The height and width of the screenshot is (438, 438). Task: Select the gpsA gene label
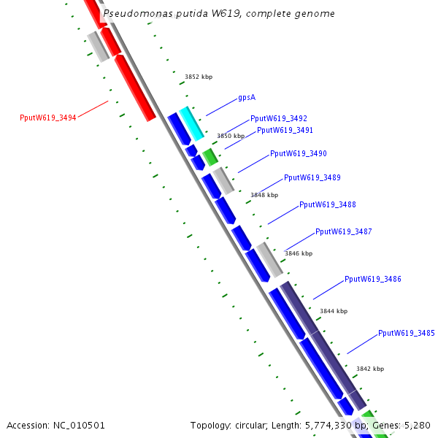click(x=246, y=97)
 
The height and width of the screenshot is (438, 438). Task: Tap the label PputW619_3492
click(x=278, y=118)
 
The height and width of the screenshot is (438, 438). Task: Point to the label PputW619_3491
click(x=285, y=131)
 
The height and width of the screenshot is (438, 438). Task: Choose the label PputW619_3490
click(x=298, y=154)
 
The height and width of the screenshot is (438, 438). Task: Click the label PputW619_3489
click(x=312, y=178)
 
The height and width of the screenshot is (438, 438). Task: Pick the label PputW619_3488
click(x=327, y=205)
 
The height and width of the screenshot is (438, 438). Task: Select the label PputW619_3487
click(x=343, y=232)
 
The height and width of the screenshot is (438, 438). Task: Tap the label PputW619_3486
click(x=372, y=280)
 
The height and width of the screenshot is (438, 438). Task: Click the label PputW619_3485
click(x=406, y=334)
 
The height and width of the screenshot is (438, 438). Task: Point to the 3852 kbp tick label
click(x=198, y=77)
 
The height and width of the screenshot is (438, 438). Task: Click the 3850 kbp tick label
click(x=230, y=137)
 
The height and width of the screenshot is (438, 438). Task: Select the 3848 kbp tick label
click(x=264, y=196)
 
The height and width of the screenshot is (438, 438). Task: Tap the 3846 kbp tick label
click(x=298, y=254)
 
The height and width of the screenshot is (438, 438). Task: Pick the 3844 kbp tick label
click(x=333, y=312)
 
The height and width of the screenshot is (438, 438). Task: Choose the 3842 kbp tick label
click(x=369, y=369)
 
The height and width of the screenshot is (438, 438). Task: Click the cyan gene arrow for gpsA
click(x=191, y=123)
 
